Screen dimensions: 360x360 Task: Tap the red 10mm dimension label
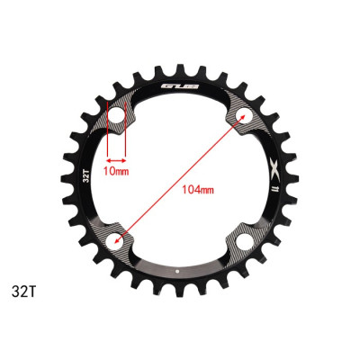(115, 168)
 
